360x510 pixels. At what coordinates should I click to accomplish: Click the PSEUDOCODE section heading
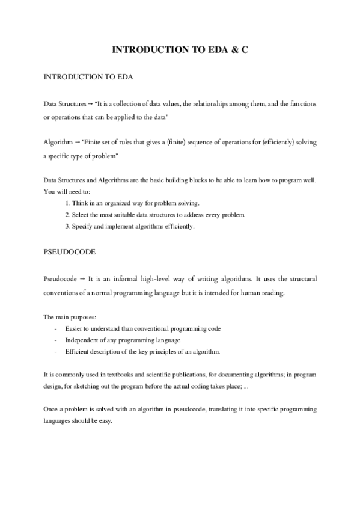70,253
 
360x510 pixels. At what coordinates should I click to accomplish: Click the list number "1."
67,203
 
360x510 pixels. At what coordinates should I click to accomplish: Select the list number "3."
67,226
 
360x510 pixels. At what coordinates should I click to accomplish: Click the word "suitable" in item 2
133,215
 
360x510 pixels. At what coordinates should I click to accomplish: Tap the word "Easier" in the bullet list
75,328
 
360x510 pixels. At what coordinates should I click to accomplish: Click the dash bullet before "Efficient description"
56,351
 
